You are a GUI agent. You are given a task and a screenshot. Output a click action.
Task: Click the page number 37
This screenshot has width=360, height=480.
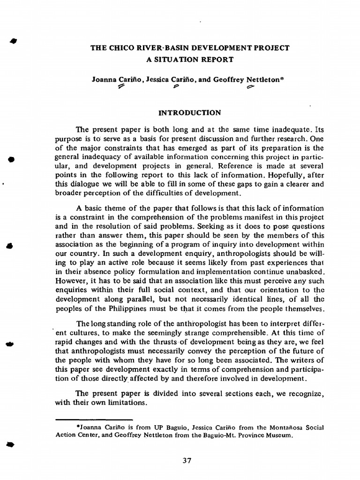pyautogui.click(x=187, y=460)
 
